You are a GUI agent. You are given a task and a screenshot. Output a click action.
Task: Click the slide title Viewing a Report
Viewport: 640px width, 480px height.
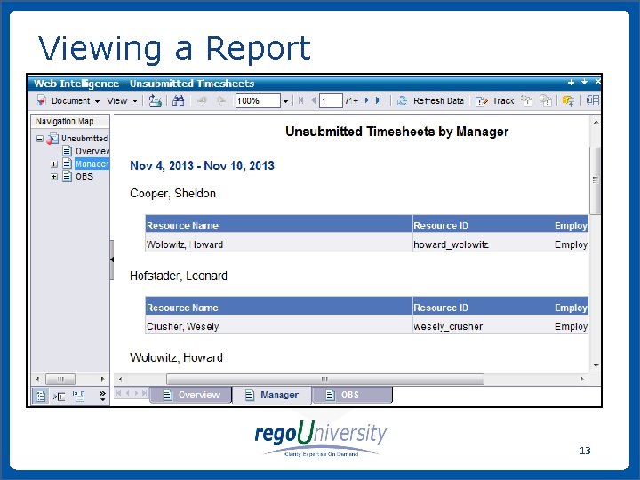coord(174,48)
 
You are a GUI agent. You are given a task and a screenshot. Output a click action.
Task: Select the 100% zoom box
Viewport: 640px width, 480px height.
coord(257,101)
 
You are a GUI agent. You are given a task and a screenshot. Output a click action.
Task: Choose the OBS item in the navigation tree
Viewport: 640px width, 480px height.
coord(84,176)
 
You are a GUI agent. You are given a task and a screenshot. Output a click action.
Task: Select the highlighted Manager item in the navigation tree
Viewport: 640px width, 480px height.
coord(91,164)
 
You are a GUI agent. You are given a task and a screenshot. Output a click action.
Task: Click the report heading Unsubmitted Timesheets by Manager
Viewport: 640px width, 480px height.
coord(396,132)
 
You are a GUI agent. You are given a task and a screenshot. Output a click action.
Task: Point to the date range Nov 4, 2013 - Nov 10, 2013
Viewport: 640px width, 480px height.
coord(202,165)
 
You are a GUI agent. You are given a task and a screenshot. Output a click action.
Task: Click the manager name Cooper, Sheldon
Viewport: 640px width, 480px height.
coord(172,193)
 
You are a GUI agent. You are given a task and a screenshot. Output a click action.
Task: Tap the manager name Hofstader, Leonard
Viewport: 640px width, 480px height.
coord(179,276)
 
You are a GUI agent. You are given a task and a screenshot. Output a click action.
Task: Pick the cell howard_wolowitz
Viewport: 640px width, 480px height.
coord(451,244)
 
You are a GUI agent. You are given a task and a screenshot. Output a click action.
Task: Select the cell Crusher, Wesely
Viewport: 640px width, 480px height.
coord(182,326)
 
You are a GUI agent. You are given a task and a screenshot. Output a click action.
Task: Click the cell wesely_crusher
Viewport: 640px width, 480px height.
coord(448,326)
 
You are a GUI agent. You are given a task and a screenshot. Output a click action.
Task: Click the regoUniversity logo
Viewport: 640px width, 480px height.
coord(321,438)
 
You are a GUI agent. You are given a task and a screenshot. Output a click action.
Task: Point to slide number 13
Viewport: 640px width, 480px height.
coord(585,451)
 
